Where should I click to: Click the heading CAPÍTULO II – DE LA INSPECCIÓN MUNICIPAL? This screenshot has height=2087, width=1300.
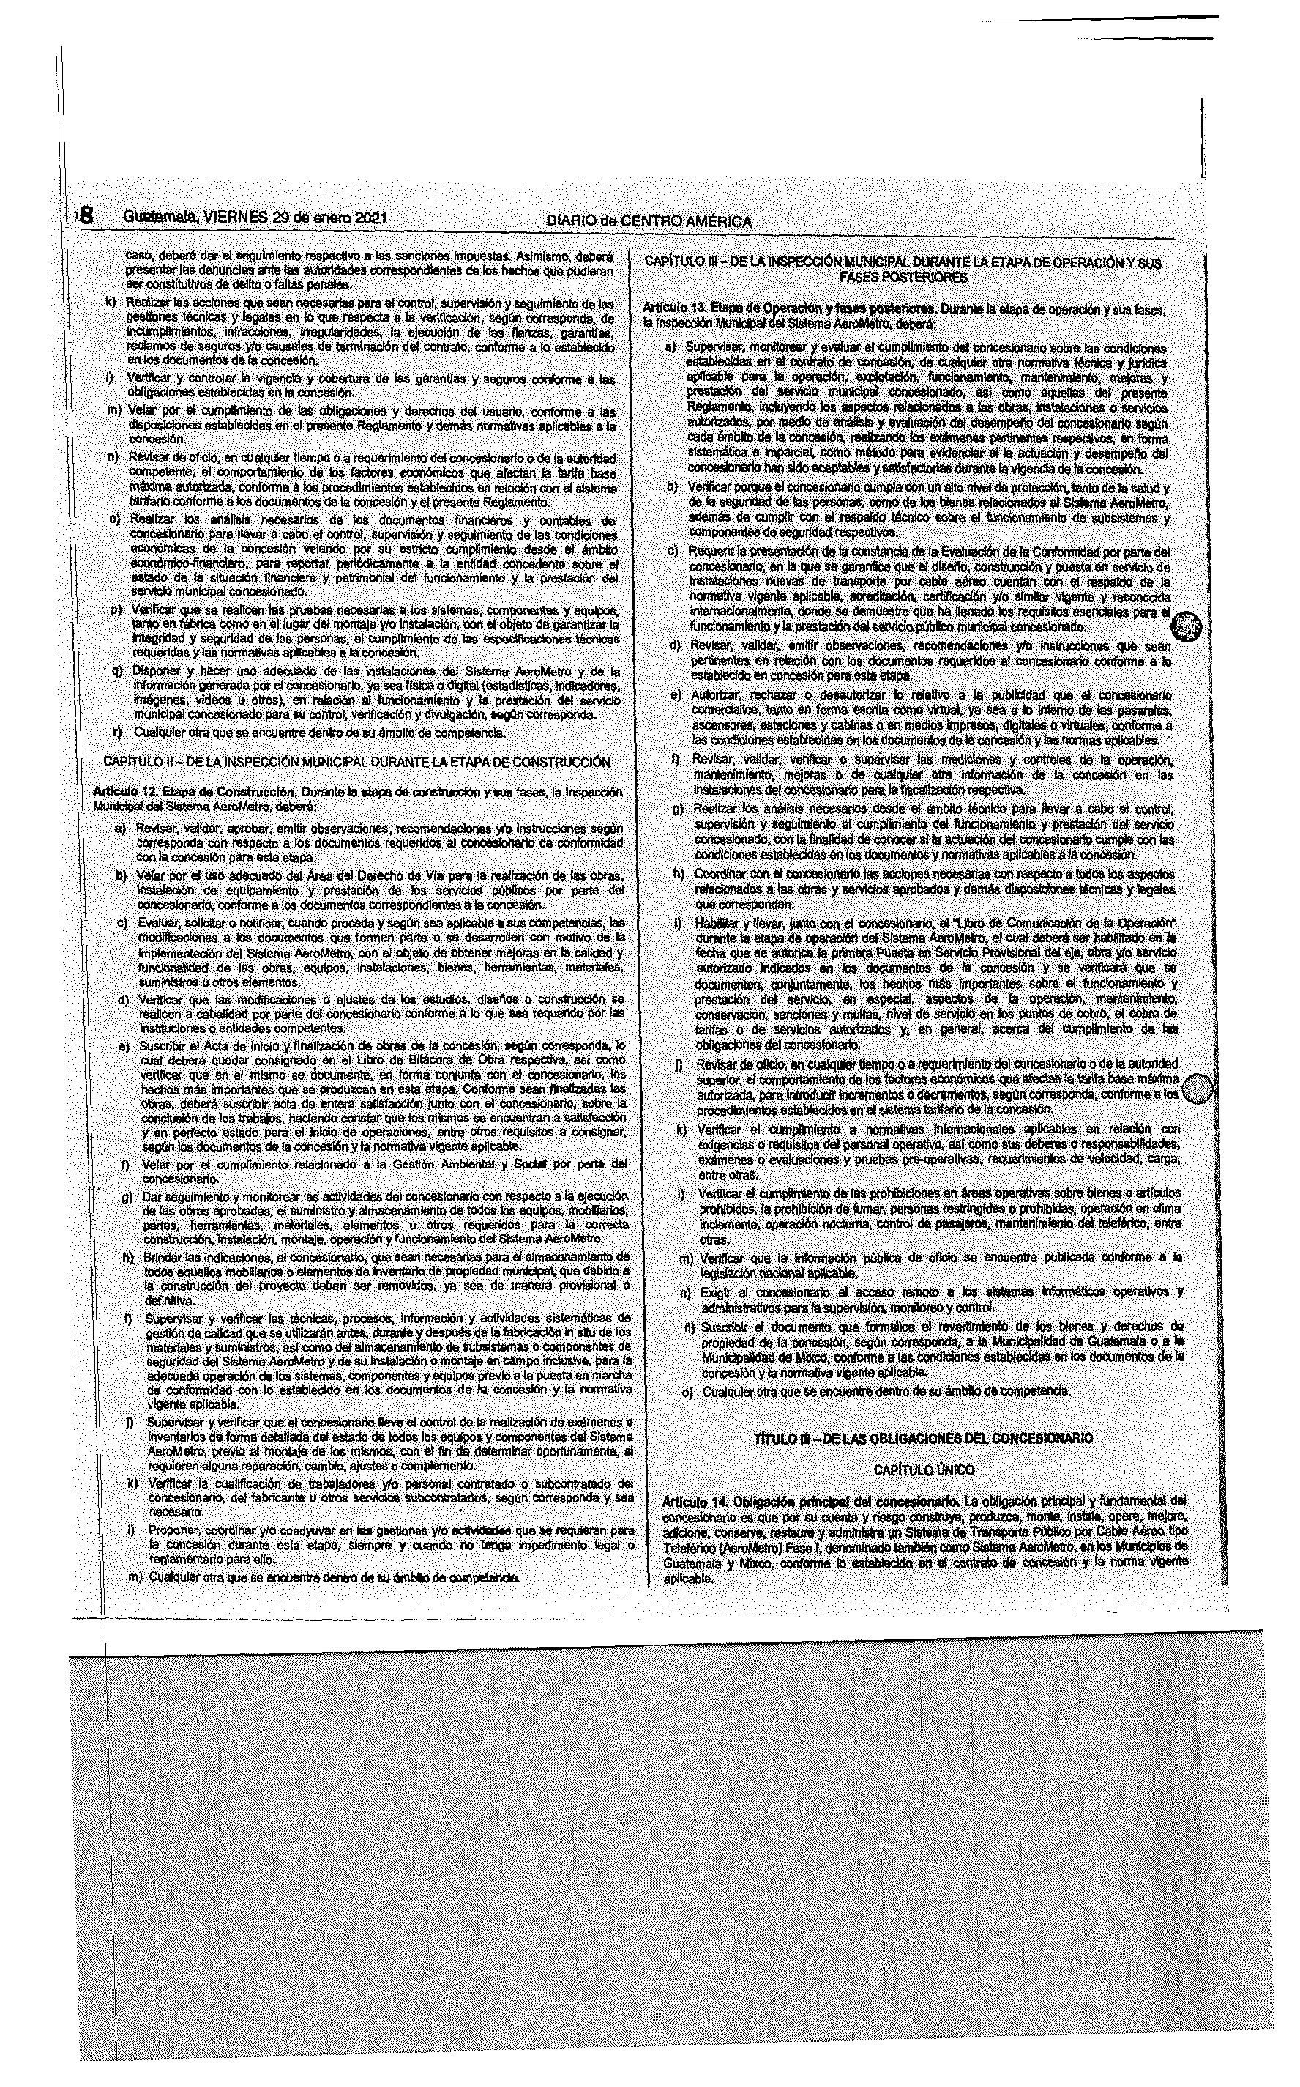pyautogui.click(x=356, y=762)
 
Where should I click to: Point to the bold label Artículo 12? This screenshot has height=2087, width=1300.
pyautogui.click(x=127, y=790)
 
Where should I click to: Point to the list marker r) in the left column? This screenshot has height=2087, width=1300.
pyautogui.click(x=117, y=733)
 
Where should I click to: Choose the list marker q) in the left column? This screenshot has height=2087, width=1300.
pyautogui.click(x=117, y=670)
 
